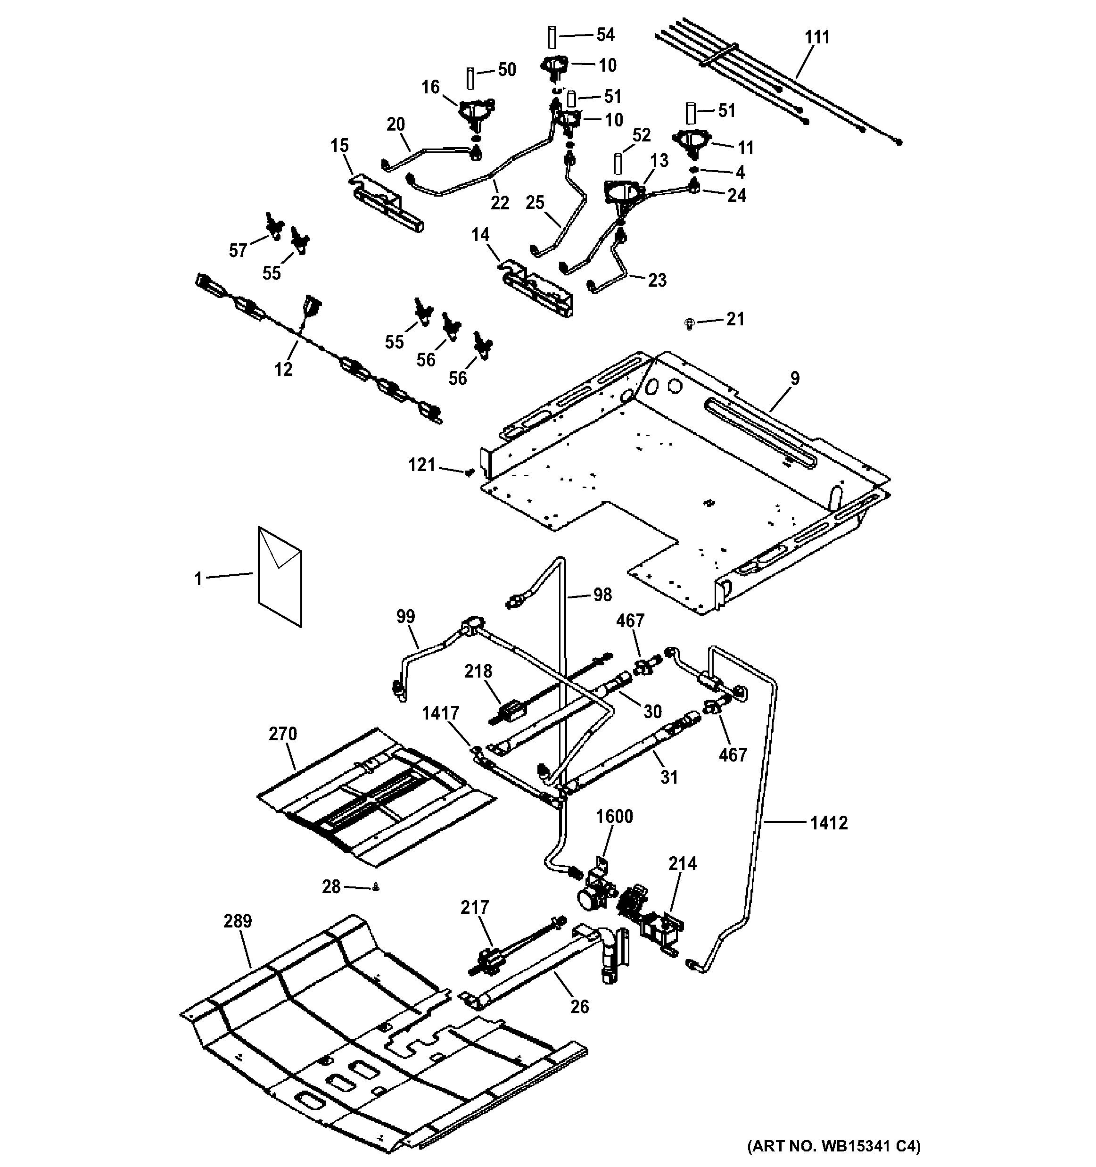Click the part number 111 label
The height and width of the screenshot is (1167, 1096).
coord(817,37)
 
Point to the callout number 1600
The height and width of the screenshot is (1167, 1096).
coord(614,817)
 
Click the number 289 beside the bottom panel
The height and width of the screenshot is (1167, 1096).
coord(238,921)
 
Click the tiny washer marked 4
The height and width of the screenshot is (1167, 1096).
coord(693,170)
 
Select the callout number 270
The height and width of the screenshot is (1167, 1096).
coord(283,734)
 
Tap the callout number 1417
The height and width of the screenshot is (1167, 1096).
coord(441,713)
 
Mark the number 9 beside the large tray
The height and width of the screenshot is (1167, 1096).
coord(794,379)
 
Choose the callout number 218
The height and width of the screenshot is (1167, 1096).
coord(478,671)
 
